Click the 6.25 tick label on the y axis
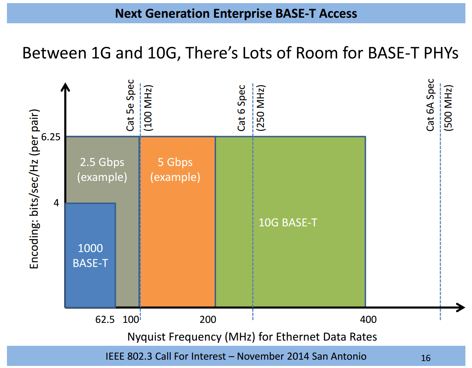[x=51, y=137]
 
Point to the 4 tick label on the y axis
[x=56, y=203]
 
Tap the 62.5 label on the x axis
[x=105, y=319]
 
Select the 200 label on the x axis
[x=208, y=319]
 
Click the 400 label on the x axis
[x=368, y=319]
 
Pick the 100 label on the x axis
[x=130, y=319]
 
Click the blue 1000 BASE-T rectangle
[x=90, y=256]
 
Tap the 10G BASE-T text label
[x=288, y=223]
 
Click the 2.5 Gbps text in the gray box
[x=102, y=162]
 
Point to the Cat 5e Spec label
[x=130, y=105]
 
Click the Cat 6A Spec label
[x=430, y=105]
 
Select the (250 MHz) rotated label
[x=260, y=108]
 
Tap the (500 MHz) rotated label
[x=448, y=108]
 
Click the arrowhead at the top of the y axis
[x=65, y=87]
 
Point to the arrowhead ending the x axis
[x=461, y=307]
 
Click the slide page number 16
[x=426, y=358]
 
